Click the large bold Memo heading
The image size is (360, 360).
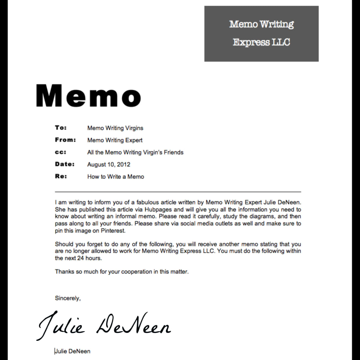click(88, 96)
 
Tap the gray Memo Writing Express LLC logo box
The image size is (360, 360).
click(261, 34)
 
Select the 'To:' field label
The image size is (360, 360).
click(61, 128)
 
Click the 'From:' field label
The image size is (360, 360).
click(65, 140)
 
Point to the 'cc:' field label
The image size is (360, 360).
click(61, 152)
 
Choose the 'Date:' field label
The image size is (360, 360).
click(65, 164)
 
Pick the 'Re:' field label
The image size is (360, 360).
click(61, 176)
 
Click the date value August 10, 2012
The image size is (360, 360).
click(109, 164)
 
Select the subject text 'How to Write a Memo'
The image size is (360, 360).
click(115, 177)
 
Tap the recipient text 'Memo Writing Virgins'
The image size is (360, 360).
click(115, 128)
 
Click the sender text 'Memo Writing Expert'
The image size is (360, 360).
click(115, 140)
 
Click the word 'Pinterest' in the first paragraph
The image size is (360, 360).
click(113, 231)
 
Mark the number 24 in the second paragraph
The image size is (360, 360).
click(80, 258)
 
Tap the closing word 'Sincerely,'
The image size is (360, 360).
click(68, 298)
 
